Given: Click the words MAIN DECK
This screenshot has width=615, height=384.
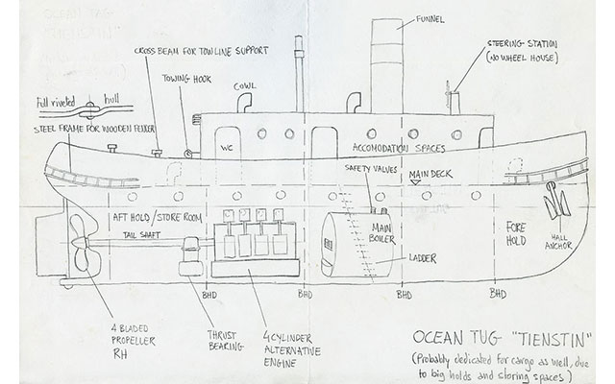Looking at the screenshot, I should tap(427, 175).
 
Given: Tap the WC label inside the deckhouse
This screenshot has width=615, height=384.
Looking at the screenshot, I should tap(229, 149).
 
